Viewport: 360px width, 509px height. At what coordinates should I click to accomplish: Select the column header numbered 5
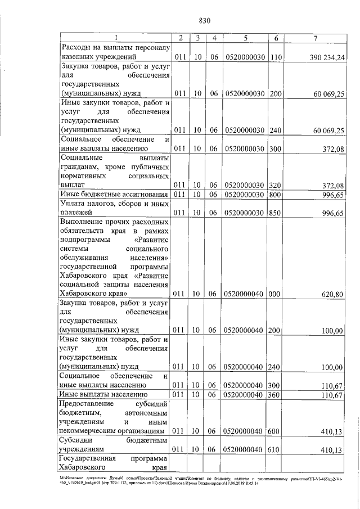coord(245,38)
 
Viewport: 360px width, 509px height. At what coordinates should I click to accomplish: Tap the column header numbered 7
coord(316,38)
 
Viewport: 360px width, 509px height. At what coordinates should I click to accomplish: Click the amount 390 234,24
coord(327,57)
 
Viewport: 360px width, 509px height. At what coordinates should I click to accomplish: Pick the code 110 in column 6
coord(276,57)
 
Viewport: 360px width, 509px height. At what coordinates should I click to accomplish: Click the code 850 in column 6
coord(276,213)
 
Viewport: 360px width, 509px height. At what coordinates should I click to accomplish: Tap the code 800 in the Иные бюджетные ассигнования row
coord(276,194)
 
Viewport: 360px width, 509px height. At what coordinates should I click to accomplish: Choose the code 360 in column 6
coord(276,395)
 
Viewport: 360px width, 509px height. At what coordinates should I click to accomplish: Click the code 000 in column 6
coord(276,294)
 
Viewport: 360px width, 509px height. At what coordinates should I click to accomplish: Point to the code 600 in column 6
coord(276,431)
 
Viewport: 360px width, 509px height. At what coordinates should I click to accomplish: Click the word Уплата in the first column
coord(74,204)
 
